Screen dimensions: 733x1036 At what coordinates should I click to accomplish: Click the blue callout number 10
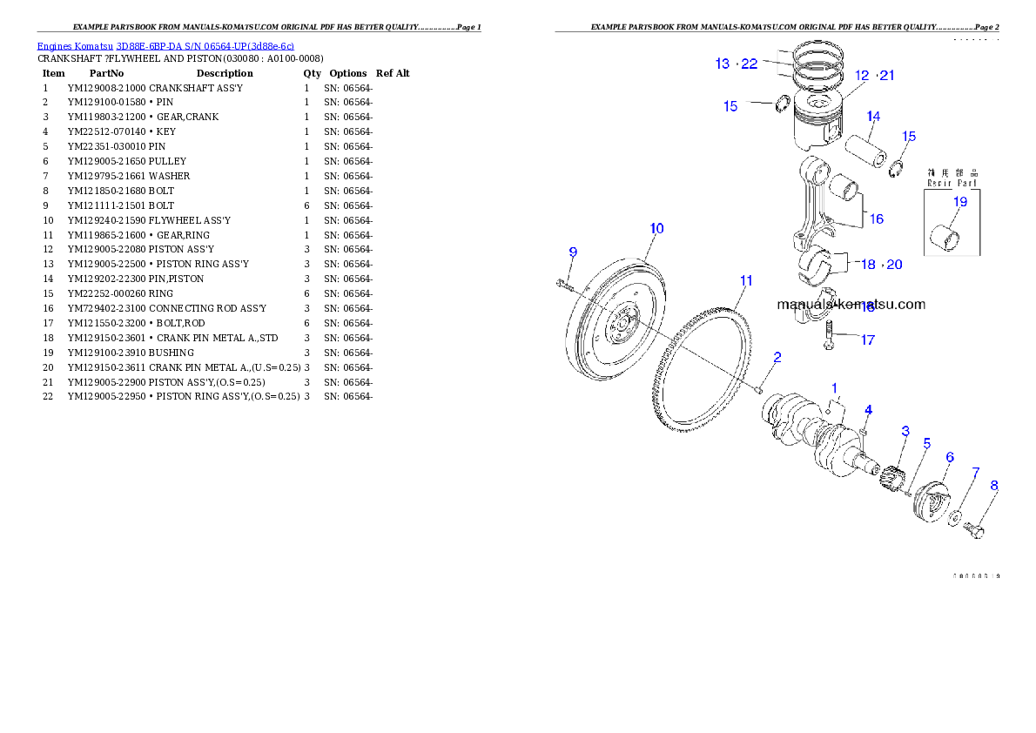(x=656, y=229)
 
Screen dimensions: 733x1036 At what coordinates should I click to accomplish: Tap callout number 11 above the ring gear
(x=746, y=280)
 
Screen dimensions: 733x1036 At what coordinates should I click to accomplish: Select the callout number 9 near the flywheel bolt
(x=573, y=252)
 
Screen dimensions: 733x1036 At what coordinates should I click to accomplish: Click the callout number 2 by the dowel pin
(x=777, y=357)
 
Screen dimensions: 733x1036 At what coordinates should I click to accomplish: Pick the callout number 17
(x=867, y=340)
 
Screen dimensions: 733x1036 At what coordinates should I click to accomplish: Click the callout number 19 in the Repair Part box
(x=959, y=202)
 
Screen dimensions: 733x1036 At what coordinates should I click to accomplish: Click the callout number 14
(x=872, y=117)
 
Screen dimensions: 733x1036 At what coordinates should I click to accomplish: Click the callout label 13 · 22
(x=736, y=64)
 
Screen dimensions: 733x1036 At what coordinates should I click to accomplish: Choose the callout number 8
(x=993, y=486)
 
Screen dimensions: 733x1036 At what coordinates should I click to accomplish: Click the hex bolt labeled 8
(x=976, y=530)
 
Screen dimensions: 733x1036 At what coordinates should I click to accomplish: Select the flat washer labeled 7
(x=955, y=520)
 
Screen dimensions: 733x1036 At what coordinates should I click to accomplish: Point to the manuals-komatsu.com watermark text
(x=851, y=305)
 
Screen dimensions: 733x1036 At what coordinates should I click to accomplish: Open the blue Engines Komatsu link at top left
(x=165, y=45)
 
